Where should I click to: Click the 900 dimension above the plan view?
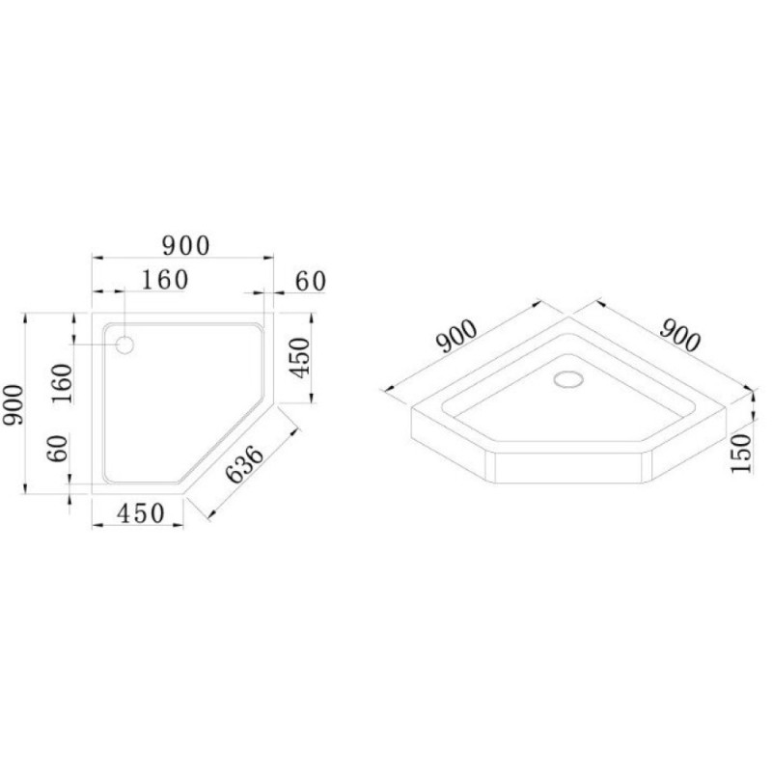tap(186, 245)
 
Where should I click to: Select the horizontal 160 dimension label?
tap(165, 280)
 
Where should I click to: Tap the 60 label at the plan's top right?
tap(311, 282)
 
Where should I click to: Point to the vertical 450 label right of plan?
tap(300, 357)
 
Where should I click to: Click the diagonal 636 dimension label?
tap(245, 464)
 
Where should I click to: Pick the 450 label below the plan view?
tap(140, 513)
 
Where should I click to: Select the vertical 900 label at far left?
tap(14, 404)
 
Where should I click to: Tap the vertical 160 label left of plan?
tap(62, 383)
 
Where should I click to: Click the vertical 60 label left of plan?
tap(58, 448)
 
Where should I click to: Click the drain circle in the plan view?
tap(125, 345)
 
